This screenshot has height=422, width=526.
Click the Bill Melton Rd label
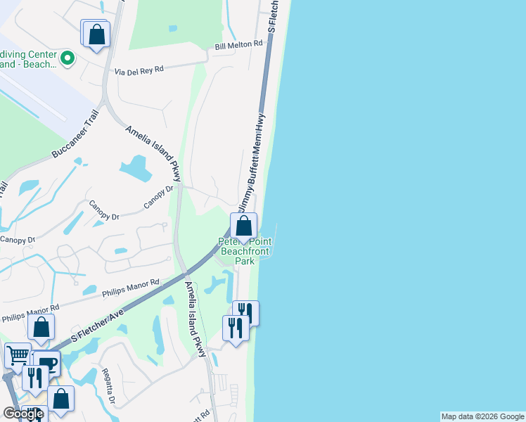238,44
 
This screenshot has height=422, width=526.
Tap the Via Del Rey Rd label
139,70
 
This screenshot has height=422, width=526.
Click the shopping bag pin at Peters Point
243,226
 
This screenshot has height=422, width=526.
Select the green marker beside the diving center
68,58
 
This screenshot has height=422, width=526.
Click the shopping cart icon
18,356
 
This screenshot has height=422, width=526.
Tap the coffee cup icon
48,363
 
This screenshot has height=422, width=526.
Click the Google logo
23,414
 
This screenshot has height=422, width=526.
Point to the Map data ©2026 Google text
482,416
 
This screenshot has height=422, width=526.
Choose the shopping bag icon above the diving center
96,34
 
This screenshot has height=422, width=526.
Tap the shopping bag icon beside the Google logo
61,398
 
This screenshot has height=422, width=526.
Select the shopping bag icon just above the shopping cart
41,328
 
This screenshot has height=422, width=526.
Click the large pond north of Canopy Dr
135,168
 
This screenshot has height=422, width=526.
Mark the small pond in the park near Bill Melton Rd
173,29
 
